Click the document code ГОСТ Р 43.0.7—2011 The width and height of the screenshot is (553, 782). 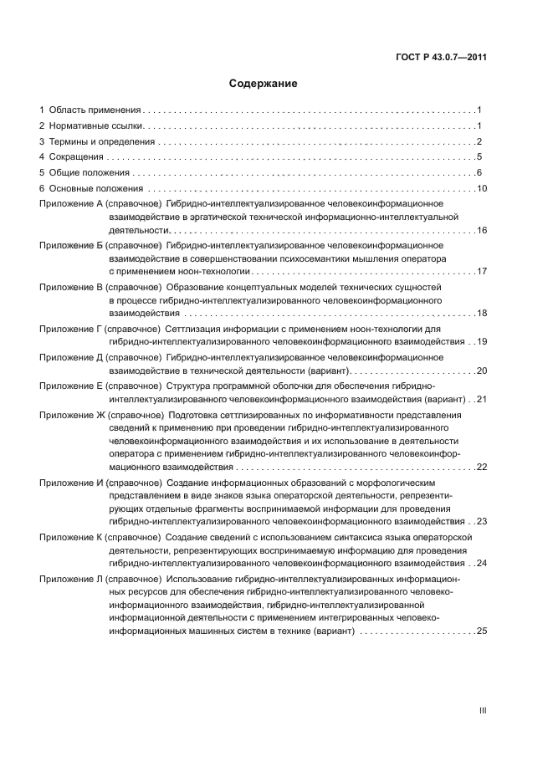pos(441,58)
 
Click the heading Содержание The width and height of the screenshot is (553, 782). pos(263,84)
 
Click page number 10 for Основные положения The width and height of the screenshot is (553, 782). pos(481,188)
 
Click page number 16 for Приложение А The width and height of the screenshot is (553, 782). pos(481,229)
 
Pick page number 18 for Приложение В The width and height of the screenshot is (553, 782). pos(481,313)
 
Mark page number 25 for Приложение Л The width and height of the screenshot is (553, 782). pos(481,631)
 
